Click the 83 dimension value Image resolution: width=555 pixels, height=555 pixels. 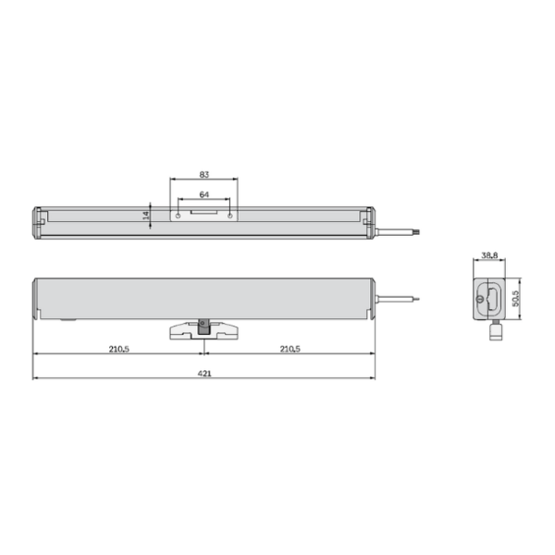(x=204, y=175)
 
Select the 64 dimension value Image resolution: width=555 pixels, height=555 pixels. (x=204, y=194)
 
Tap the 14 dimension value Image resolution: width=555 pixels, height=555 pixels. (x=145, y=216)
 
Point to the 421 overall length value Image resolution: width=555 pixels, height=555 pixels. (x=204, y=374)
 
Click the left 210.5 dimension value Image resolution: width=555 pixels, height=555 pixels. (x=119, y=349)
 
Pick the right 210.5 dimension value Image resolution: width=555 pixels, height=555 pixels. (x=290, y=349)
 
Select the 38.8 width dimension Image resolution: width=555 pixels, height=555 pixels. (x=489, y=255)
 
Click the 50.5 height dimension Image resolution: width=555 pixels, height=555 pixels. (x=515, y=299)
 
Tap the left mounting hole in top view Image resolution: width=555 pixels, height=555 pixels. (x=178, y=216)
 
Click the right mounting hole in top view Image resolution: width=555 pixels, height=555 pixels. (x=230, y=216)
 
